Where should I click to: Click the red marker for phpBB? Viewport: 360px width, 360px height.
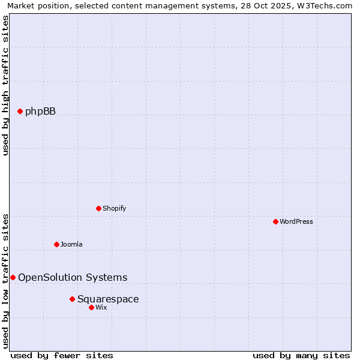20,111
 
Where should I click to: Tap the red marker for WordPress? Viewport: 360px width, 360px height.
275,221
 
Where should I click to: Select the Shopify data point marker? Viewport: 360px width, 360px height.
98,208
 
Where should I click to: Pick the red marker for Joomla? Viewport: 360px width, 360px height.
56,244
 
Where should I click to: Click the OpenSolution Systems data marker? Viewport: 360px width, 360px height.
13,277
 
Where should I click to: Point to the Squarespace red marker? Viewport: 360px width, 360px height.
72,299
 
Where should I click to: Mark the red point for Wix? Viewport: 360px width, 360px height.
91,307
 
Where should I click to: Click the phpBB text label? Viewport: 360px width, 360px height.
40,111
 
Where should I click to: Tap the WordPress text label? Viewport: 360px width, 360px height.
296,221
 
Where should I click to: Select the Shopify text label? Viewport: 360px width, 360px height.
114,208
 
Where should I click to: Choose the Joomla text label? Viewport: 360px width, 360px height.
71,244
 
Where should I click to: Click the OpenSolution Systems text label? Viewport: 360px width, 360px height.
73,277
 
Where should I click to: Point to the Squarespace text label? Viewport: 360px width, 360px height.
108,299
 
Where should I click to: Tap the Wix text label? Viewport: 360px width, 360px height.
101,307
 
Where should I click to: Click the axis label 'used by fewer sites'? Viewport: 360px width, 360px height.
62,355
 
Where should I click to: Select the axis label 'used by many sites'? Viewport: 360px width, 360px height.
301,355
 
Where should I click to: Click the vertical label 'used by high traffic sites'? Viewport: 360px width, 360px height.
5,85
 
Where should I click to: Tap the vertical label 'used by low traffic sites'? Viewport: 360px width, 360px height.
5,280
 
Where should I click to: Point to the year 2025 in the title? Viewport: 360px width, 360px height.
271,5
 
